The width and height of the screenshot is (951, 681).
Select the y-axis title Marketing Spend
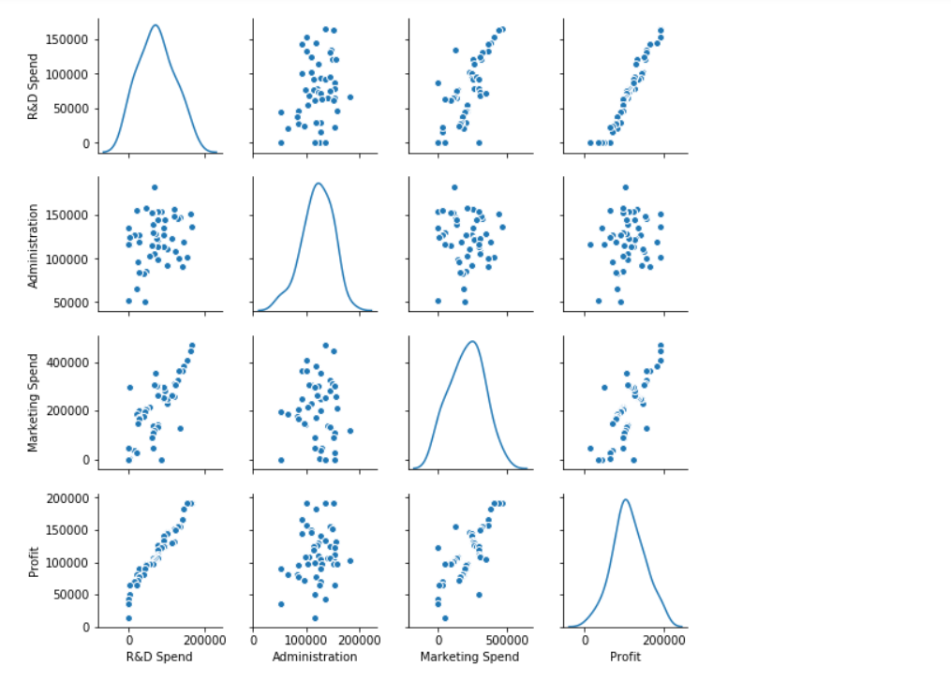tap(34, 402)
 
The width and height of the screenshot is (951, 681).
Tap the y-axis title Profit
tap(34, 561)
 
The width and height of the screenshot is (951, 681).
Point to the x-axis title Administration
tap(314, 657)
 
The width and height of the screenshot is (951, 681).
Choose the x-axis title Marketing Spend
tap(469, 657)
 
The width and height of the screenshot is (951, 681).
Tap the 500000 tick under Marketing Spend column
tap(508, 641)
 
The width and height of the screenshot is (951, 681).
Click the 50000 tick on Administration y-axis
tap(73, 303)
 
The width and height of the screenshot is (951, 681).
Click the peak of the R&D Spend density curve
tap(156, 25)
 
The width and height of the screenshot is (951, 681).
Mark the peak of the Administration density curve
tap(319, 183)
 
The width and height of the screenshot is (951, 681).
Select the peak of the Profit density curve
tap(625, 499)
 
